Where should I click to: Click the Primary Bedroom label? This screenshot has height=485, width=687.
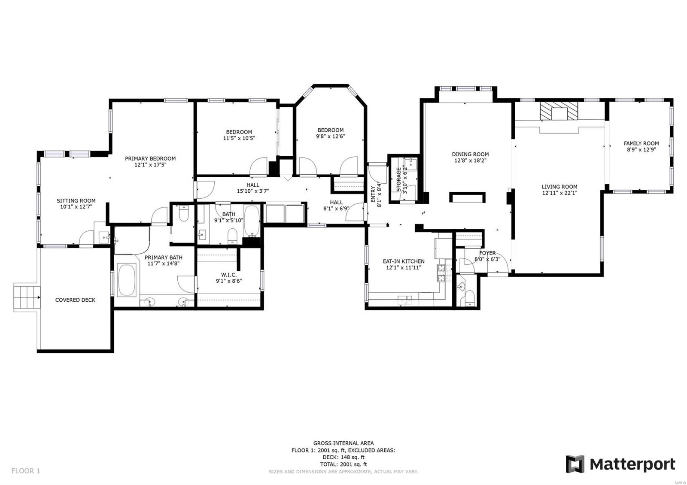click(x=150, y=158)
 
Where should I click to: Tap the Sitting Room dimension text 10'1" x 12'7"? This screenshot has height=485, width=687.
click(x=76, y=207)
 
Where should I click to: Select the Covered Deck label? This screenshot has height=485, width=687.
click(x=75, y=300)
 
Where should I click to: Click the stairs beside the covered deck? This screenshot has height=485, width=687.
click(x=26, y=297)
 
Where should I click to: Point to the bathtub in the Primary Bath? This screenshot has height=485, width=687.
click(x=127, y=280)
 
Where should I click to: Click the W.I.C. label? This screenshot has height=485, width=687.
click(x=228, y=275)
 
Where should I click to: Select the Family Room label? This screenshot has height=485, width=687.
click(x=641, y=143)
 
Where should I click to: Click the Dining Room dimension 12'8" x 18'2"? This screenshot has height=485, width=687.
click(x=470, y=161)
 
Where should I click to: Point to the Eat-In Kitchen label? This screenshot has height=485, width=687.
click(x=403, y=261)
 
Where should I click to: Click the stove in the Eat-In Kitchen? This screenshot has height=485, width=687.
click(x=443, y=273)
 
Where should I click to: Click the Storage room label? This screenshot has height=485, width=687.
click(x=398, y=179)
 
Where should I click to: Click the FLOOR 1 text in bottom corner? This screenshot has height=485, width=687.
click(x=26, y=471)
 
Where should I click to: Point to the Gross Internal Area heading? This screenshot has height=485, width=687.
click(x=343, y=443)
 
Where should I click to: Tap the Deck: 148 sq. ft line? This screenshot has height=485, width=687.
click(x=343, y=457)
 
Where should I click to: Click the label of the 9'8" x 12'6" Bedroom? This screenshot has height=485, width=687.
click(x=330, y=130)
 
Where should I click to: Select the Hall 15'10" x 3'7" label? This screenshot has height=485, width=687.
click(x=253, y=185)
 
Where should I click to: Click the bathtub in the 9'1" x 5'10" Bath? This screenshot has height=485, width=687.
click(x=252, y=220)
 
